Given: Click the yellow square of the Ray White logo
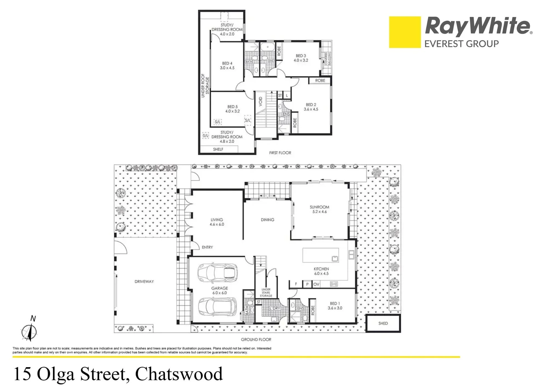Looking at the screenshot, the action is (x=405, y=32).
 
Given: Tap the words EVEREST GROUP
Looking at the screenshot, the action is (x=462, y=44).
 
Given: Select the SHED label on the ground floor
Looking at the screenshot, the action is (x=383, y=323).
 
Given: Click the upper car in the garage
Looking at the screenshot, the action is (x=218, y=273).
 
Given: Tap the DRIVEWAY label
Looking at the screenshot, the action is (x=144, y=282).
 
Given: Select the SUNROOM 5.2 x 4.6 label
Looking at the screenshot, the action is (x=319, y=209).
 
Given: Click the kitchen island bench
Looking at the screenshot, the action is (x=321, y=255).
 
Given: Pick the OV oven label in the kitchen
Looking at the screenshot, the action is (x=316, y=284).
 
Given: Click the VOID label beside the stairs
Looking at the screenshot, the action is (x=261, y=102).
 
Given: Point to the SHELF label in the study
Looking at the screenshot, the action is (x=218, y=149).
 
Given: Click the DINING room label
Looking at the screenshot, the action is (x=267, y=220).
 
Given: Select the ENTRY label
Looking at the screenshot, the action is (x=207, y=247).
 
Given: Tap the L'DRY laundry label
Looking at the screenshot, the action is (x=275, y=308).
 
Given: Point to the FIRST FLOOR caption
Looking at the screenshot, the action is (x=280, y=153).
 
